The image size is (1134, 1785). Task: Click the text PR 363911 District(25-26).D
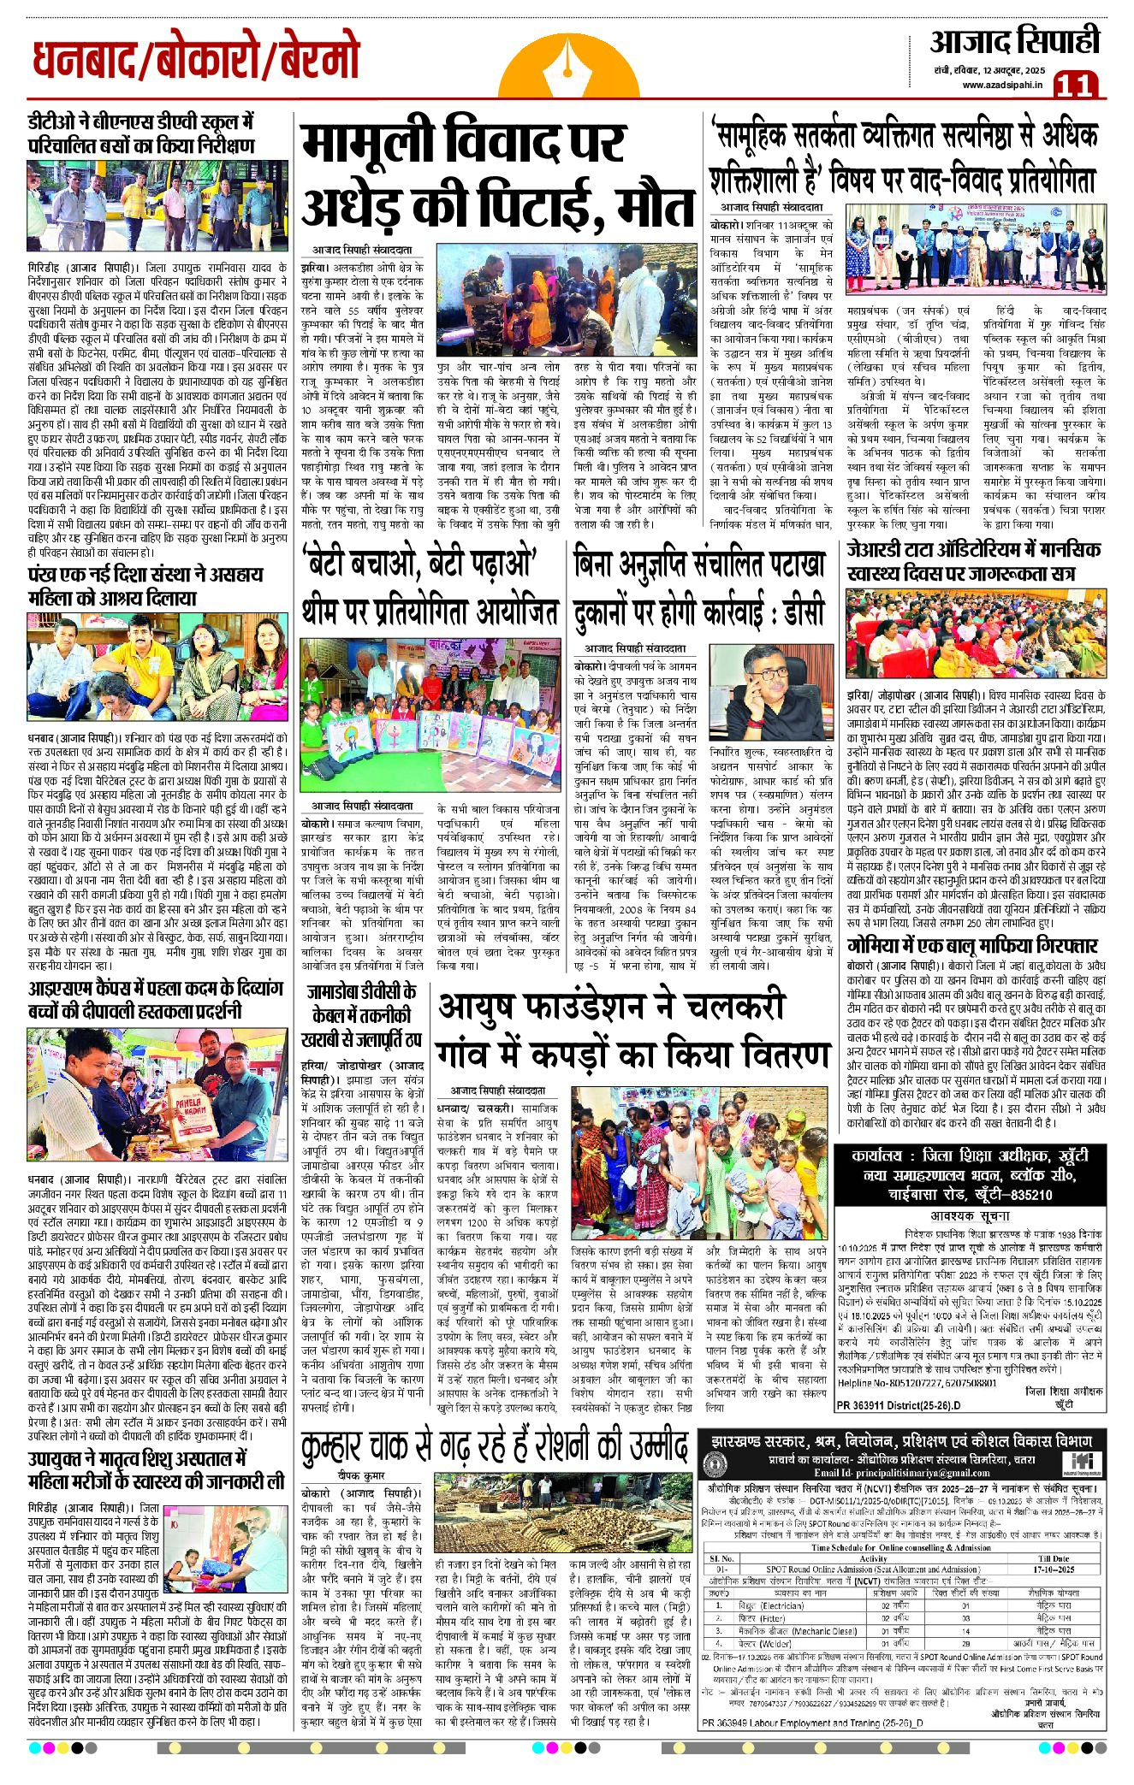pyautogui.click(x=899, y=1405)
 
